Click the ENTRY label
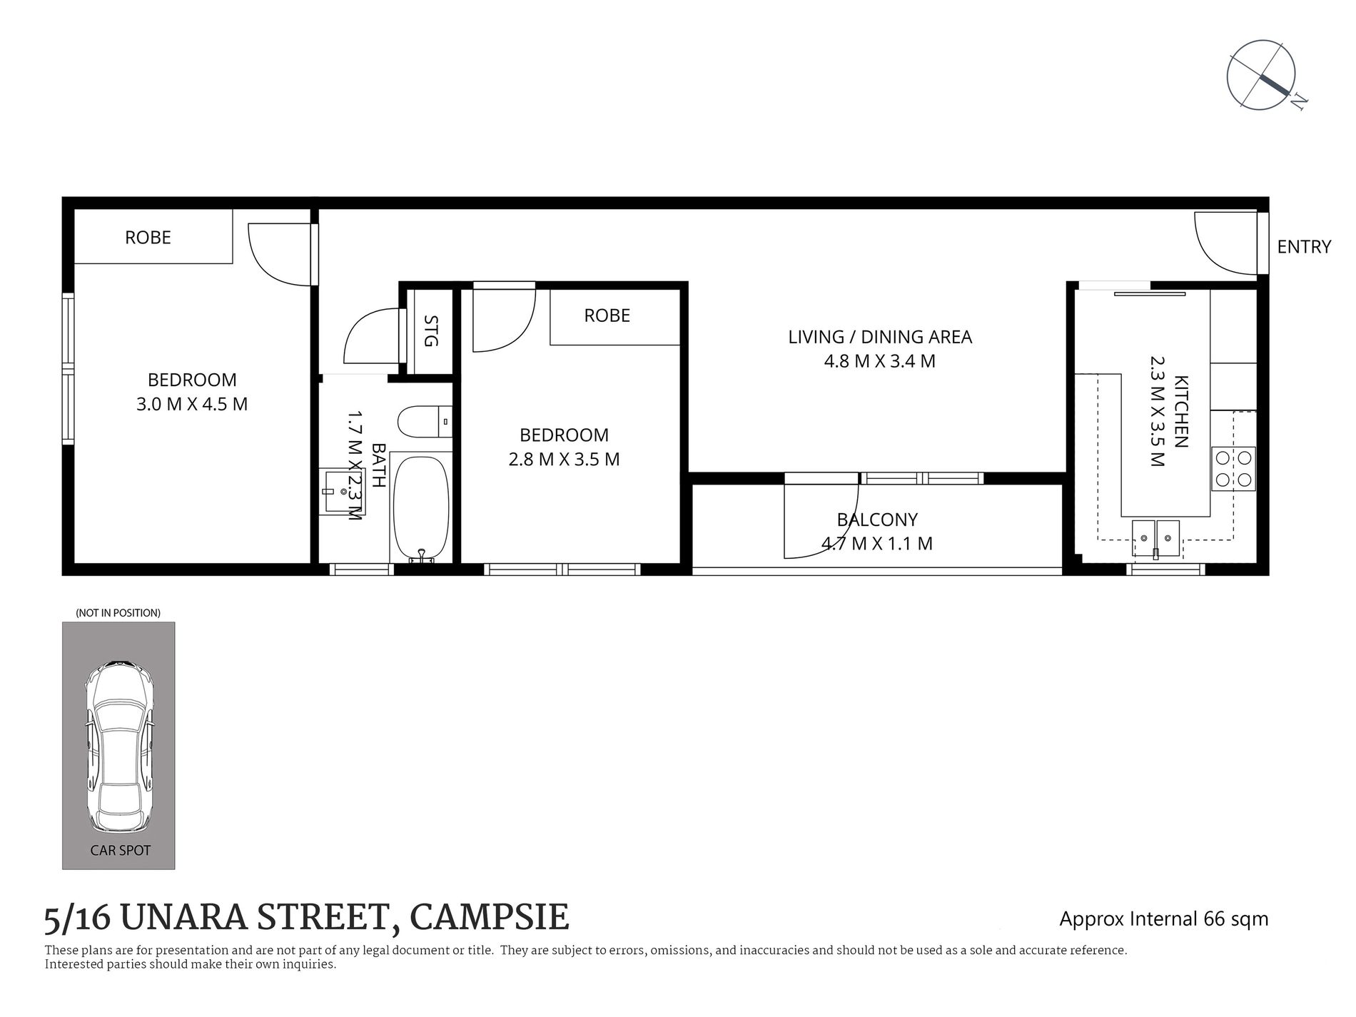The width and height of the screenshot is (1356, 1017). pos(1304,247)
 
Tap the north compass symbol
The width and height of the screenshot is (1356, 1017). pos(1261,75)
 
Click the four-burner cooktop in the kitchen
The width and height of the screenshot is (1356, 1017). pos(1233,469)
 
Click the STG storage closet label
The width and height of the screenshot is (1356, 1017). pos(430,331)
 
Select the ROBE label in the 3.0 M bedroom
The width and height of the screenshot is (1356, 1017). pos(148,238)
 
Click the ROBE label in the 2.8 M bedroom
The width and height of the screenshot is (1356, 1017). pos(607,315)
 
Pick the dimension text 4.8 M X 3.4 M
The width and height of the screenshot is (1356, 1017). pos(879,361)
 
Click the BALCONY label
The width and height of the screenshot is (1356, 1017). pos(877,520)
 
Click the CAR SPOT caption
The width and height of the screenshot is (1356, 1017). pos(120,850)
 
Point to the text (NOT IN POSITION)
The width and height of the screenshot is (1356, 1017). pos(118,613)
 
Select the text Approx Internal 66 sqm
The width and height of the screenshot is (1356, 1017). pos(1163,919)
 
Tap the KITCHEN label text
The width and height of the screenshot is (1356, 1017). pos(1180,412)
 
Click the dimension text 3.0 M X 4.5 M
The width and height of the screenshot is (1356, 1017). pos(191,404)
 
